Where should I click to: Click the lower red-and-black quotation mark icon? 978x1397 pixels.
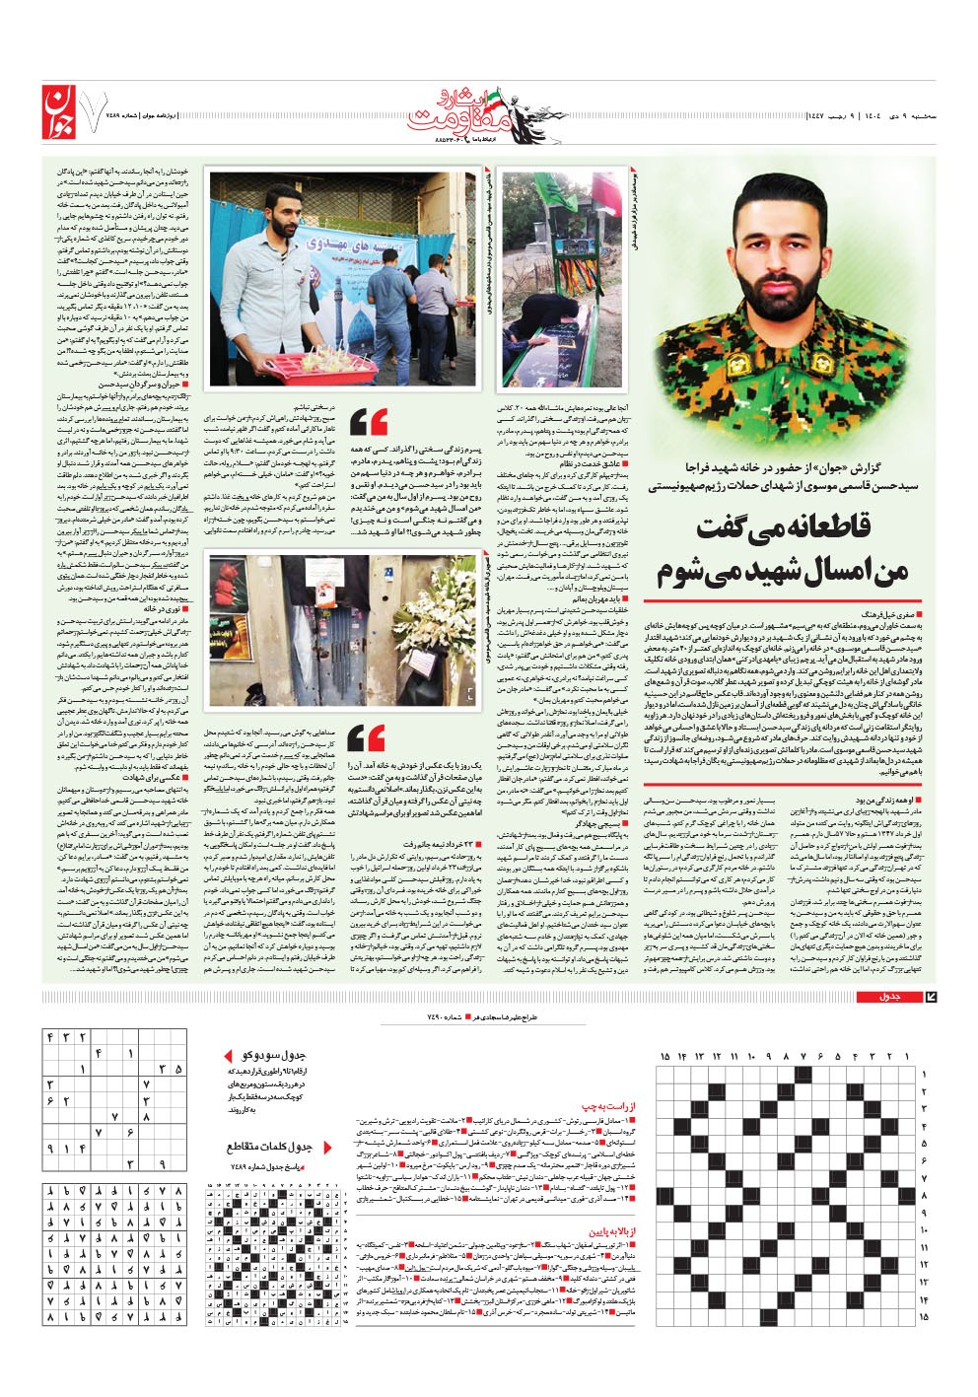[x=367, y=736]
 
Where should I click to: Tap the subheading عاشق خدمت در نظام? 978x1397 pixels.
[x=592, y=462]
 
